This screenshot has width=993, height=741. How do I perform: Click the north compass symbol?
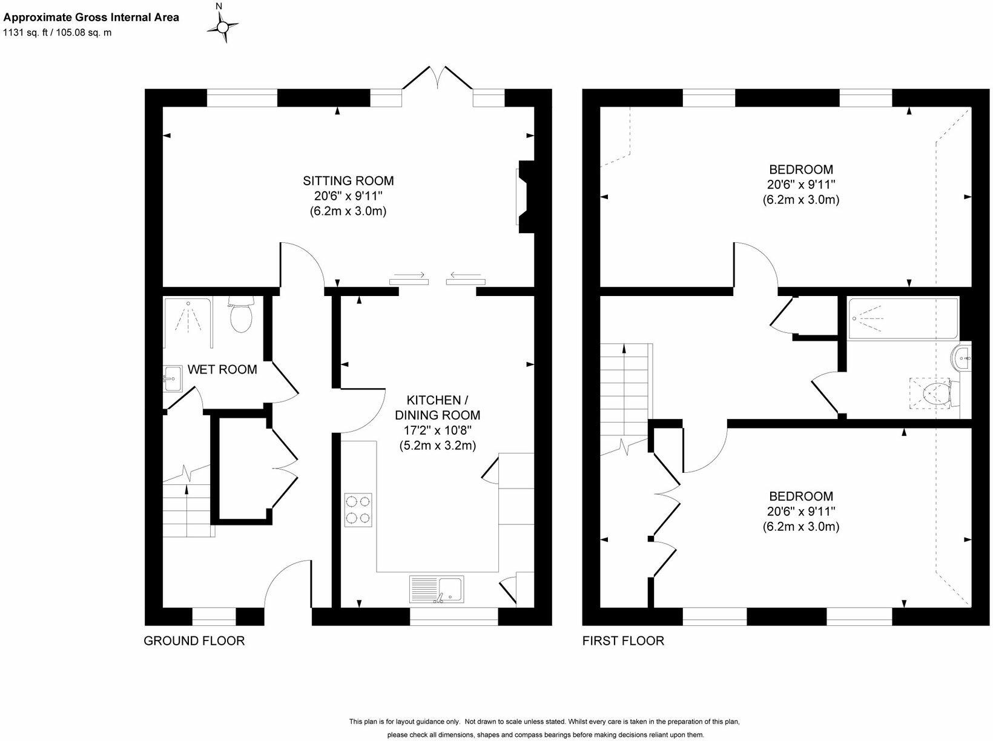point(223,26)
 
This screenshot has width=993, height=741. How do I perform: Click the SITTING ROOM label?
point(348,180)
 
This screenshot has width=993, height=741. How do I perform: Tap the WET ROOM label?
point(222,369)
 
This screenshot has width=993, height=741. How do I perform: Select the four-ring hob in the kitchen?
point(358,510)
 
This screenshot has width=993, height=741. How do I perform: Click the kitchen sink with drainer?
point(437,590)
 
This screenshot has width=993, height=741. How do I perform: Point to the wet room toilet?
point(241,315)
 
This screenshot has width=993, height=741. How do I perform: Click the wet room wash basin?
point(173,380)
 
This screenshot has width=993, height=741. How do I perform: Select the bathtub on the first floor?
point(903,318)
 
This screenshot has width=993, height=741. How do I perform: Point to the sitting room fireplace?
point(524,196)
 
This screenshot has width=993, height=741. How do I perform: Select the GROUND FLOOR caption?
point(194,641)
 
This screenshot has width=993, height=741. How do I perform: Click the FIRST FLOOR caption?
point(623,641)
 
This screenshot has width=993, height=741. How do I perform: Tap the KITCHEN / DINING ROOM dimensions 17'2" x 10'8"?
point(437,430)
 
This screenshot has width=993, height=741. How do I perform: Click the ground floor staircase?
point(187,507)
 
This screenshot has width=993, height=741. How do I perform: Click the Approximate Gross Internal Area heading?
point(91,17)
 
